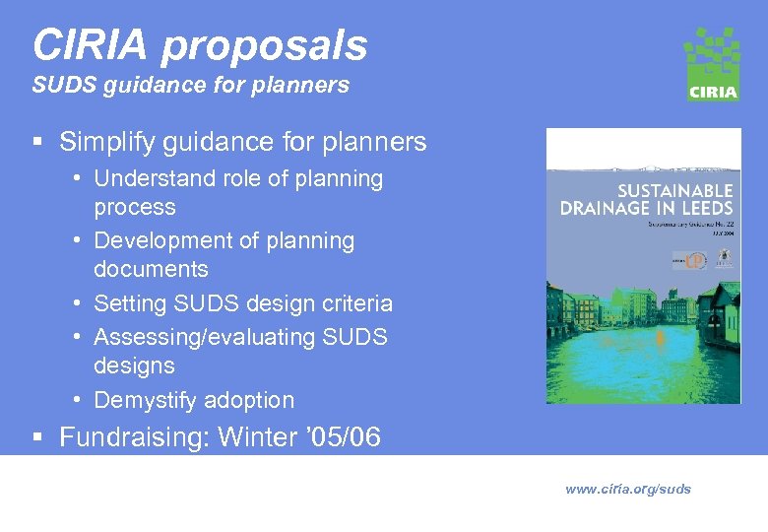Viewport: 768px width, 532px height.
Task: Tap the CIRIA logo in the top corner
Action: point(712,64)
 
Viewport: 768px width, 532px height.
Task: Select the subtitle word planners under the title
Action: point(302,86)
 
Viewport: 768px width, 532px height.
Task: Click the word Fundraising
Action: point(132,437)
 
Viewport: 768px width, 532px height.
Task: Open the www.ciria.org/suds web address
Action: point(628,489)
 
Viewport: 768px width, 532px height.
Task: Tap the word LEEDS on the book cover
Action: point(704,208)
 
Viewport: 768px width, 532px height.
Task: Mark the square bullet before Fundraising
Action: point(36,438)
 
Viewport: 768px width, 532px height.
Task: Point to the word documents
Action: point(151,269)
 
